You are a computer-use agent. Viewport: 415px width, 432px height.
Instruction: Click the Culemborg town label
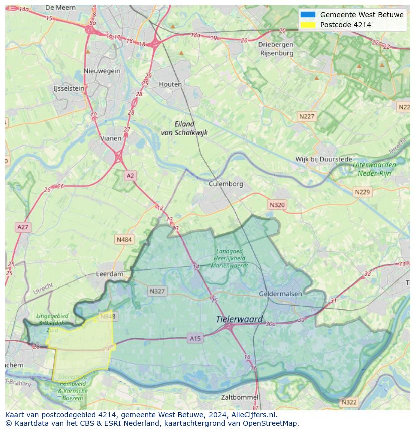(x=226, y=184)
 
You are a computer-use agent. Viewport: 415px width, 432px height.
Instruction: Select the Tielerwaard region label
(x=239, y=319)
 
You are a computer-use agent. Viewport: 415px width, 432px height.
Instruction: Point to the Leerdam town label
(x=109, y=274)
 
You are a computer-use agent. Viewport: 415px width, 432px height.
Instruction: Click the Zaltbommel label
(x=240, y=397)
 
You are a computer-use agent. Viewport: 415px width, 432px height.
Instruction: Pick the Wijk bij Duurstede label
(x=324, y=159)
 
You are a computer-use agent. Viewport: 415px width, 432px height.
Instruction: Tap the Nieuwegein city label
(x=102, y=71)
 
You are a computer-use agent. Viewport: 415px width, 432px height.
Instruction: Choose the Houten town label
(x=170, y=84)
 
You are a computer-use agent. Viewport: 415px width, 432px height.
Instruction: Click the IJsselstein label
(x=69, y=88)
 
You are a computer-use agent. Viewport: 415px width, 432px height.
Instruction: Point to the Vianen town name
(x=111, y=138)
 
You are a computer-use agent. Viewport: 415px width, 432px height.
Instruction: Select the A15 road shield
(x=195, y=339)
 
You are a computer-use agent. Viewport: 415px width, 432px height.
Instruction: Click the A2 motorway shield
(x=130, y=176)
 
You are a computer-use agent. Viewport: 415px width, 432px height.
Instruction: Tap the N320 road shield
(x=277, y=205)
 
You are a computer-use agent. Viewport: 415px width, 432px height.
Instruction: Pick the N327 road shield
(x=157, y=291)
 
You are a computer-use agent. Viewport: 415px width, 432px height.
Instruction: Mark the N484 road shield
(x=124, y=240)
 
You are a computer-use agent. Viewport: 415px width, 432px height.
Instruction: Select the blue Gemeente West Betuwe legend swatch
(x=308, y=15)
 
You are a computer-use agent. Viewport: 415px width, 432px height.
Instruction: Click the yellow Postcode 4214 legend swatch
(x=308, y=25)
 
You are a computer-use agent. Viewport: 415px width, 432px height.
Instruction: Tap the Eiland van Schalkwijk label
(x=184, y=128)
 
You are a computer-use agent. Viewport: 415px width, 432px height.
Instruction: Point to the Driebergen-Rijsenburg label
(x=276, y=48)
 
